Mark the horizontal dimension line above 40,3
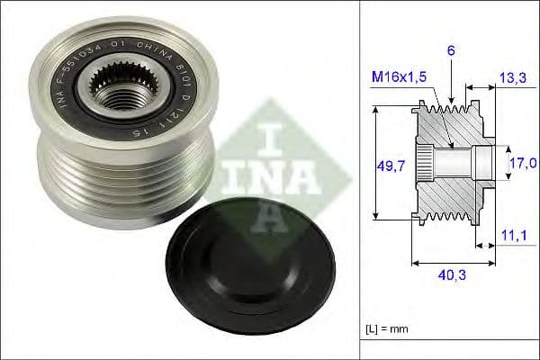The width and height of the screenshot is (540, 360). pos(449,264)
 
